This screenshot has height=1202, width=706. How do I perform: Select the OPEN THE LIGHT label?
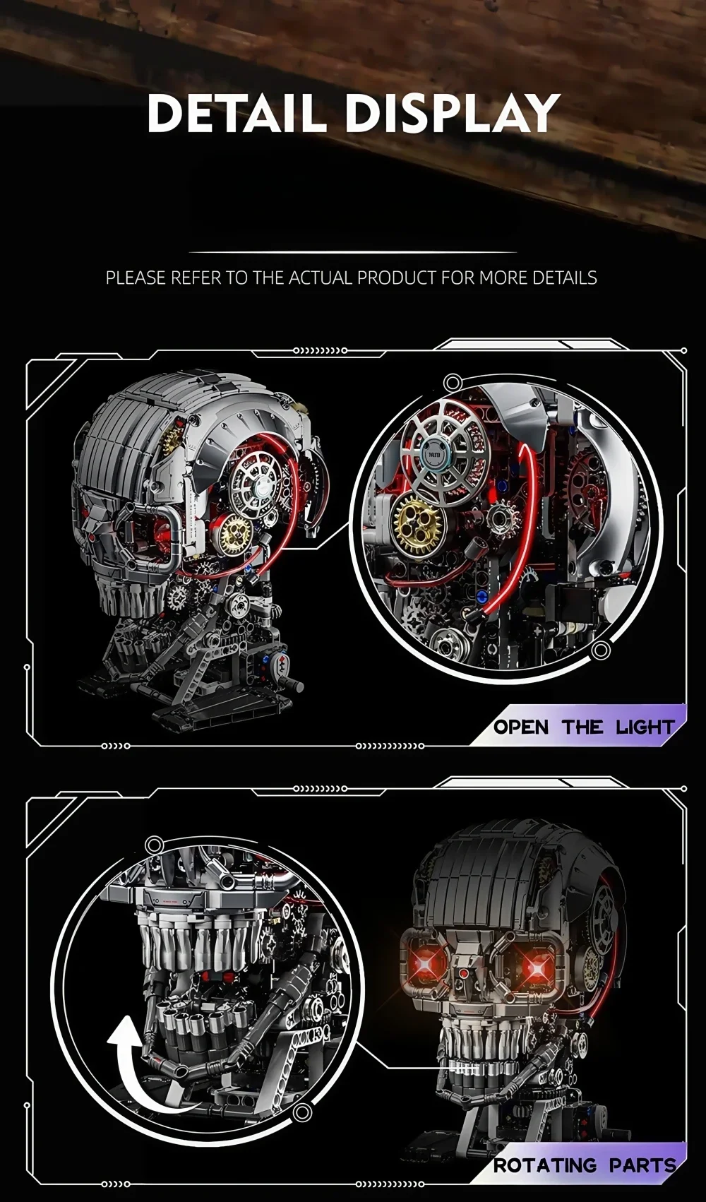click(x=583, y=727)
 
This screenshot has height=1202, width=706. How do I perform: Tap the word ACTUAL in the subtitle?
click(x=323, y=278)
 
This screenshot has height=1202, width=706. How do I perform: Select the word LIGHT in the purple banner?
click(x=645, y=727)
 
